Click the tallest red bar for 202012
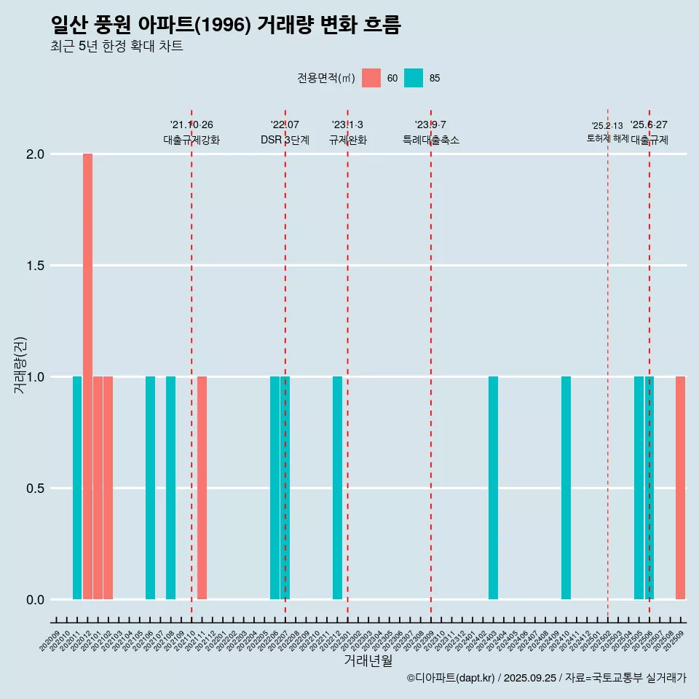click(87, 376)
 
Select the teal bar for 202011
click(77, 488)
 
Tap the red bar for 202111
click(202, 488)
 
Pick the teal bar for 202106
click(150, 488)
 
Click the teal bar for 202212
click(337, 488)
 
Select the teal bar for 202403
click(493, 488)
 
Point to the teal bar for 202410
click(566, 488)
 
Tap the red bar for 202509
click(680, 488)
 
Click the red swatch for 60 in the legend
click(371, 78)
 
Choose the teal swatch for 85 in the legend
click(414, 78)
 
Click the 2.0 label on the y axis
click(35, 154)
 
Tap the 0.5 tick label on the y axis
click(35, 488)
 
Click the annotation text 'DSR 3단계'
click(285, 140)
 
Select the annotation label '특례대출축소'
click(431, 140)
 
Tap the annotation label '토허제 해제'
click(607, 138)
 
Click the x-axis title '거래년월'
click(368, 660)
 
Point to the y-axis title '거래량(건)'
click(20, 364)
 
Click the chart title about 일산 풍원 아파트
click(226, 25)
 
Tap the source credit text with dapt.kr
click(546, 678)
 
